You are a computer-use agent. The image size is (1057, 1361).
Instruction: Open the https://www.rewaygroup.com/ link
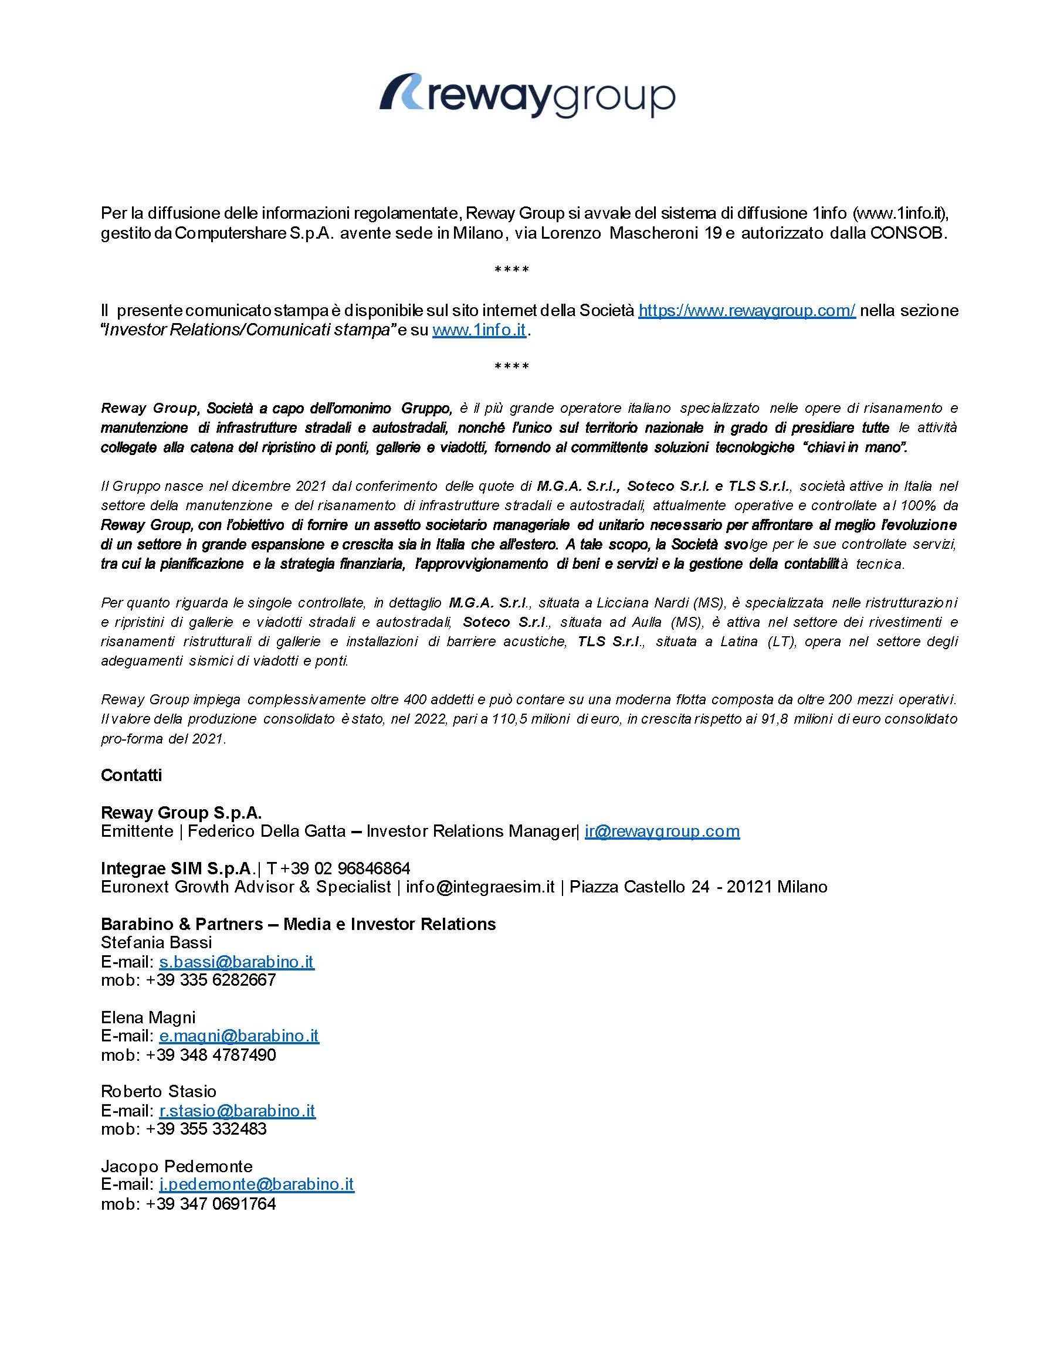[747, 310]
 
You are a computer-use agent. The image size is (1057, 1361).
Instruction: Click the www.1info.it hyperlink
[479, 330]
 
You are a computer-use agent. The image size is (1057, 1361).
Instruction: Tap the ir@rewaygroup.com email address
[662, 831]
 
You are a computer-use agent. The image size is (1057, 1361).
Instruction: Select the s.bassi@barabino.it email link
[236, 962]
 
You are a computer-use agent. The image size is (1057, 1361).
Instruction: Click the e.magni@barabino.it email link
[239, 1036]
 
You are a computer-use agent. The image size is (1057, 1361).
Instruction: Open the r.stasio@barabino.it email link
[237, 1111]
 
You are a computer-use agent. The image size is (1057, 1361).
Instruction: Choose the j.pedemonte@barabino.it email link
[256, 1184]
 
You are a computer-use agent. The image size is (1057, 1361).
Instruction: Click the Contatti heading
[131, 775]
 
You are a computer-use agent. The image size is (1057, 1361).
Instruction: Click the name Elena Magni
[148, 1017]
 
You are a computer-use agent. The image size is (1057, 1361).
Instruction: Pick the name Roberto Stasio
[158, 1092]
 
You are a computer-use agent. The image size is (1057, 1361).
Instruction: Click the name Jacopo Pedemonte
[177, 1166]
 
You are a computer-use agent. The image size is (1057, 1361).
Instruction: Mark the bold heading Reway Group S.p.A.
[181, 813]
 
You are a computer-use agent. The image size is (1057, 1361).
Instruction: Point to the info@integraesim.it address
[480, 887]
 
